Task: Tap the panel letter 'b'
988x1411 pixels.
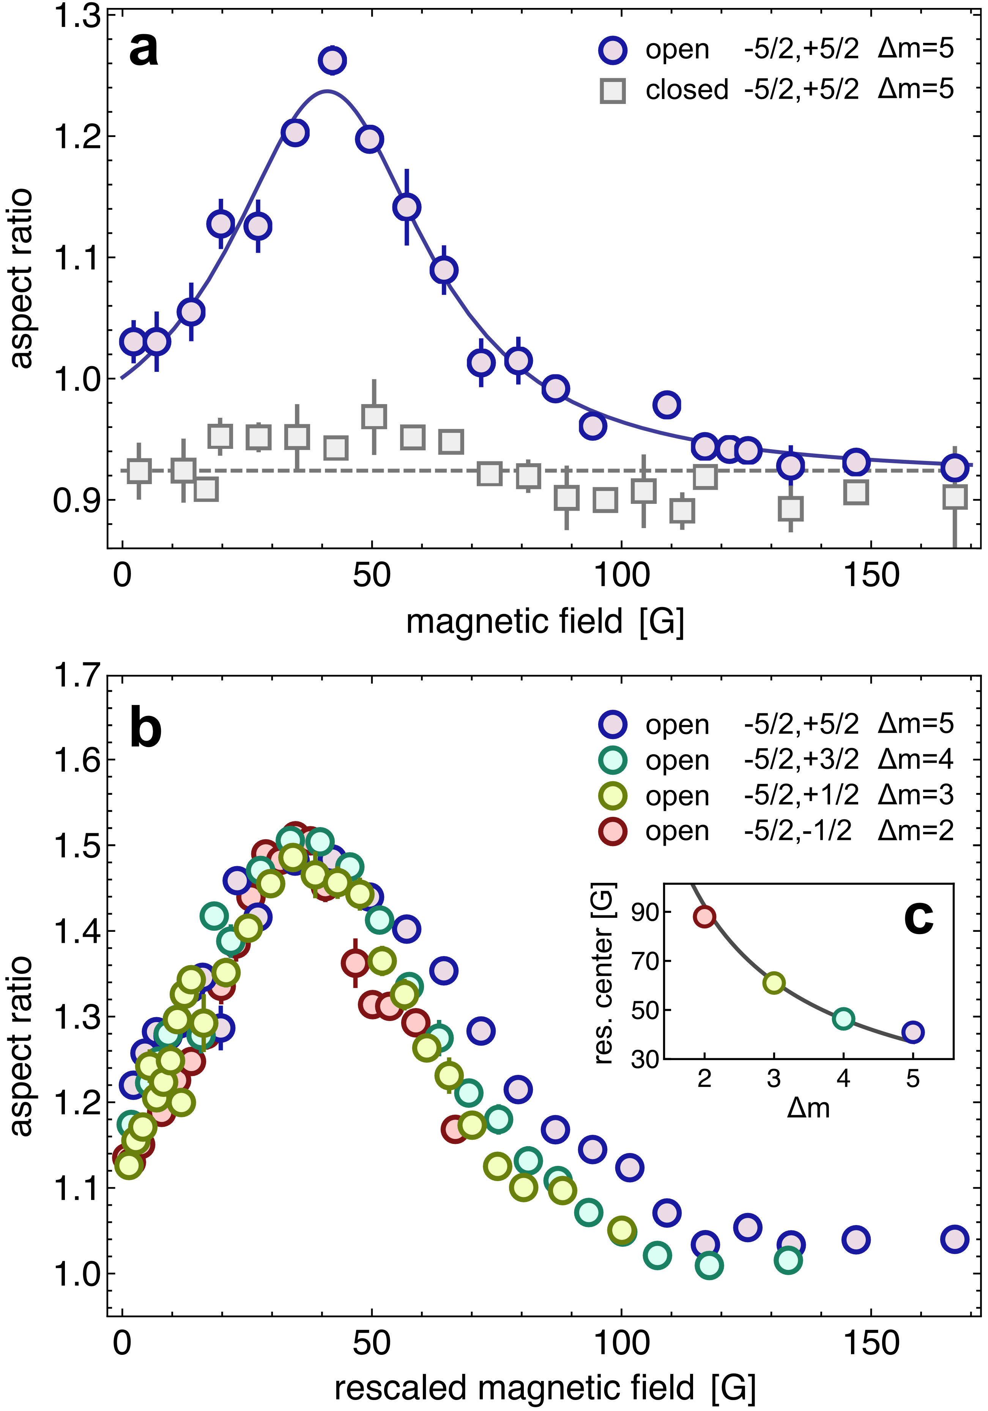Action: (x=146, y=729)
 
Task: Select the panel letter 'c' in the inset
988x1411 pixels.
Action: (x=919, y=918)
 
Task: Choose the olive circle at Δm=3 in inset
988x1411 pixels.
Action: (x=774, y=983)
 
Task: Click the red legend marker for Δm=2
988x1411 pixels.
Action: (x=613, y=832)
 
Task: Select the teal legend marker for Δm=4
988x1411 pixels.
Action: (x=613, y=760)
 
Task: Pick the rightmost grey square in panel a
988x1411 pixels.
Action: (x=954, y=497)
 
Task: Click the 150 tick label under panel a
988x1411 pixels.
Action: (x=871, y=576)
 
